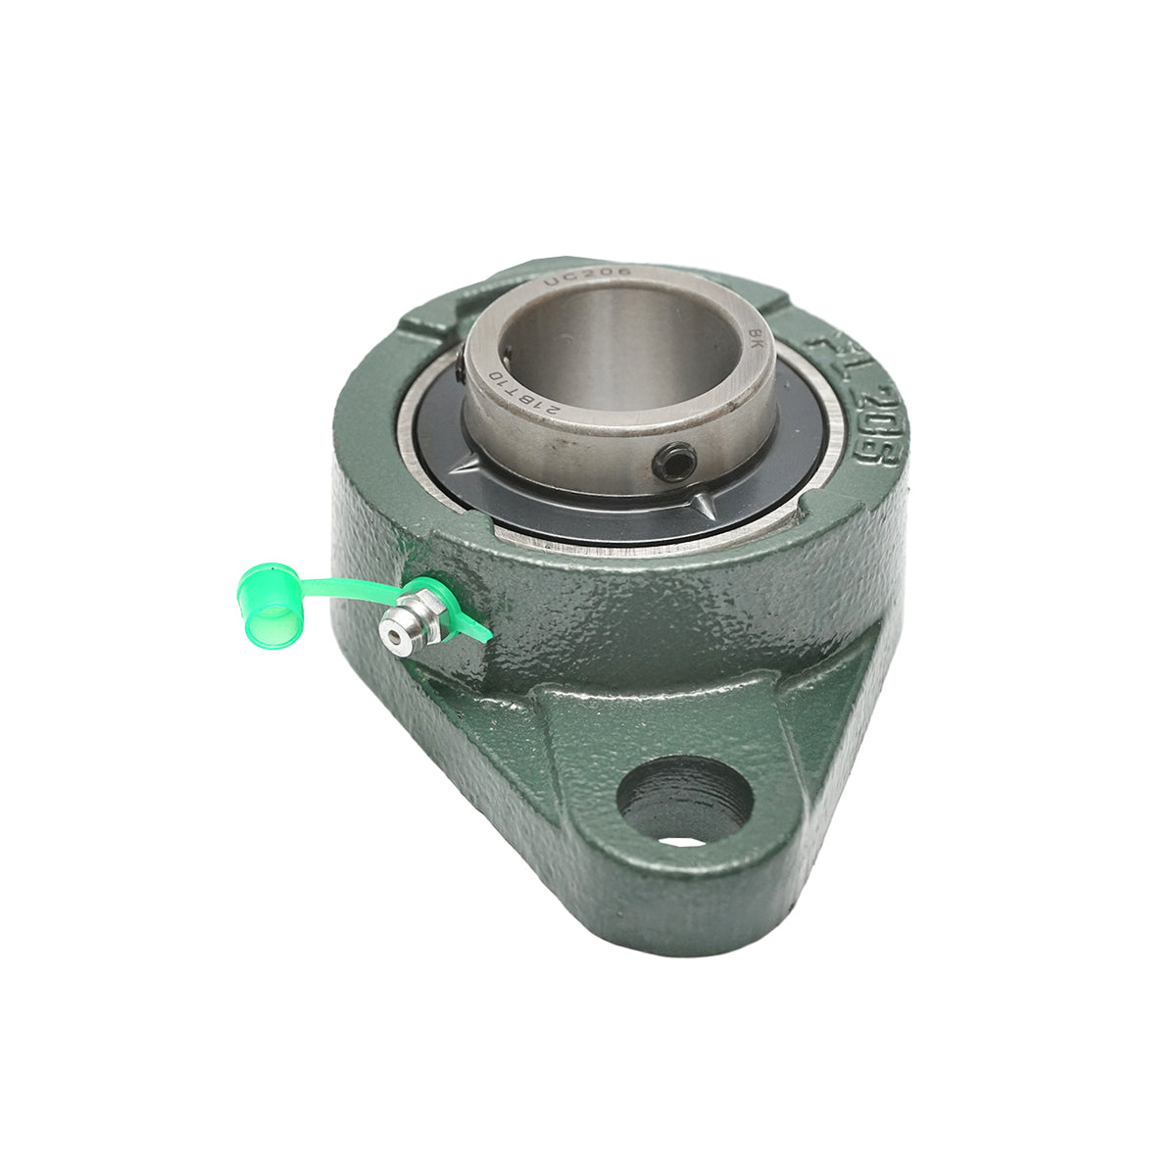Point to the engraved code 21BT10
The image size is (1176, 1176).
point(523,392)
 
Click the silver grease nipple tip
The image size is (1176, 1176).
point(396,637)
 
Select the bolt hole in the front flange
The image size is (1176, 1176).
point(685,799)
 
